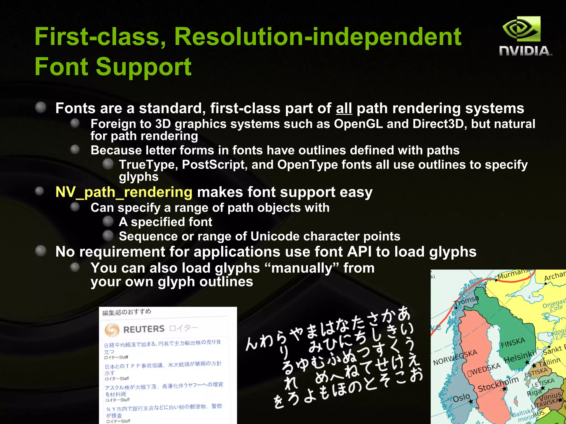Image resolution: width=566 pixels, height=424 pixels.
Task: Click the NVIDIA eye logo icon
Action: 521,29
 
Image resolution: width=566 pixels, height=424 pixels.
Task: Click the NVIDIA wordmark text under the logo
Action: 525,51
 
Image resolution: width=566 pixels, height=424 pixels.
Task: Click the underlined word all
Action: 344,108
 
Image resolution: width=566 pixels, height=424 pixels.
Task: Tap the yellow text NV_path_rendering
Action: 124,192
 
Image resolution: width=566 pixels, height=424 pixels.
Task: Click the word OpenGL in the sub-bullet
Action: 358,124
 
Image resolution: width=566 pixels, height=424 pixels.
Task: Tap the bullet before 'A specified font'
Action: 108,221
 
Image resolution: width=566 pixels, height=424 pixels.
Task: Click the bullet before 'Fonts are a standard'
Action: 41,107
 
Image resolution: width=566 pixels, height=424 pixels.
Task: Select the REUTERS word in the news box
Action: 144,329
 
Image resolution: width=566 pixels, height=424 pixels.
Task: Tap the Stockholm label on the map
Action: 498,385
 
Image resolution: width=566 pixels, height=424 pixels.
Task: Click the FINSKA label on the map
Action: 513,343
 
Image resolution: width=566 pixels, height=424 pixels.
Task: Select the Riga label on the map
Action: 534,392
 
